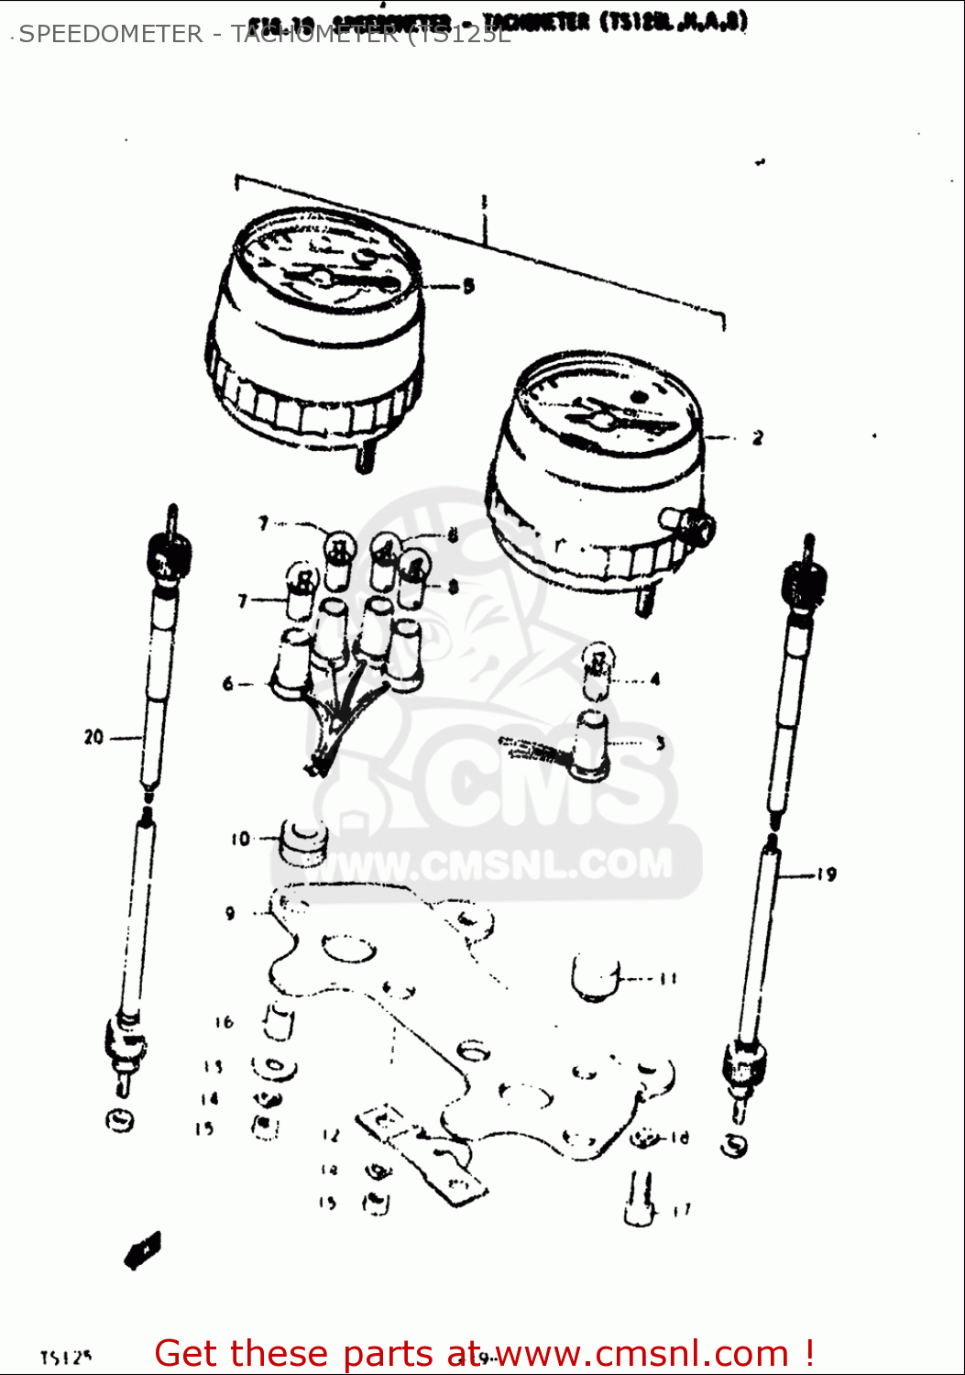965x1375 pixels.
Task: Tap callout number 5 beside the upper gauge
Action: [468, 286]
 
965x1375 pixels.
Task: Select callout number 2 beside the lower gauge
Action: [757, 438]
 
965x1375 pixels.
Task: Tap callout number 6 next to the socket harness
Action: [228, 684]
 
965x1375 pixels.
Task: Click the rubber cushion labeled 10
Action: [302, 842]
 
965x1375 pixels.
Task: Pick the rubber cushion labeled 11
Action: [596, 977]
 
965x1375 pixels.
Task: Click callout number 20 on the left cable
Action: [93, 737]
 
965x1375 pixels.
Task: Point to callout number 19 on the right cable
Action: [827, 874]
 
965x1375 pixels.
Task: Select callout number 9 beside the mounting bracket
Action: [230, 913]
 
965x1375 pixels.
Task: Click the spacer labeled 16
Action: [279, 1022]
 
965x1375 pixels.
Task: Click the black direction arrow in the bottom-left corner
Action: [144, 1249]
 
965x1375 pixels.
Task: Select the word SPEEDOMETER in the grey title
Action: [111, 34]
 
